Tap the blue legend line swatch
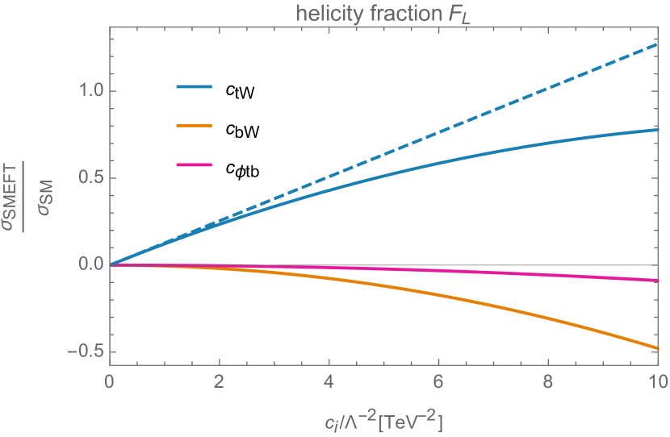[194, 86]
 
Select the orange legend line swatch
[194, 126]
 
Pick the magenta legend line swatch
[194, 165]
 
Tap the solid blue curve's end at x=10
[658, 129]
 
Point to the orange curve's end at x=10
[658, 348]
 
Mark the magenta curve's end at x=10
[658, 280]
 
